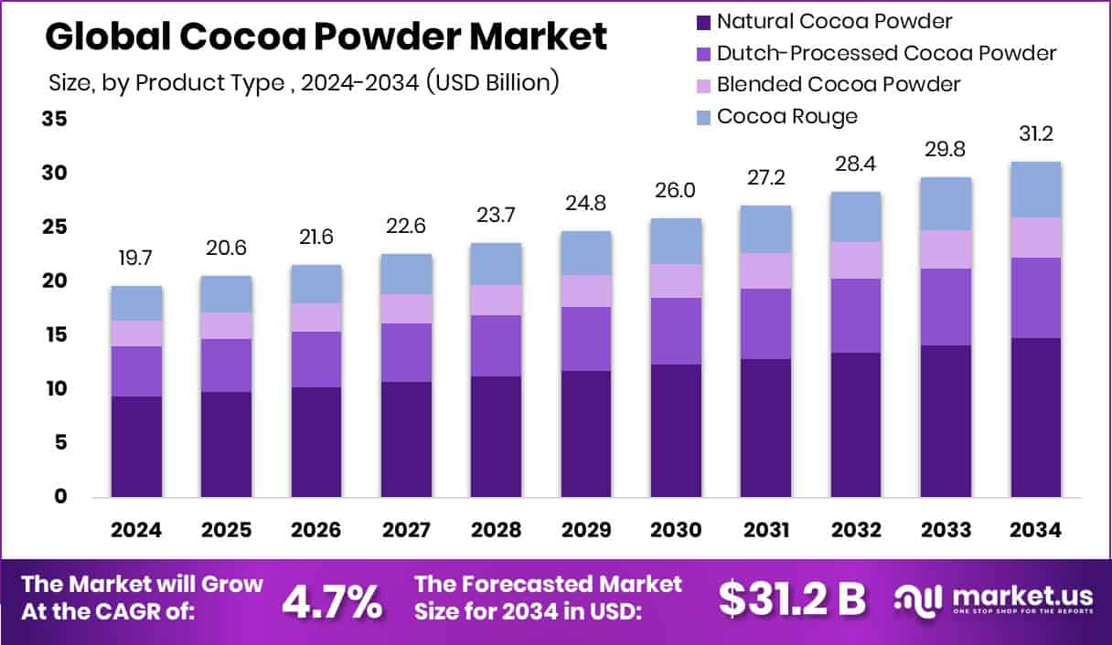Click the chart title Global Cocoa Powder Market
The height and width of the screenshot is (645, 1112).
click(326, 37)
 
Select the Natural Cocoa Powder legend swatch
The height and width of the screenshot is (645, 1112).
click(703, 21)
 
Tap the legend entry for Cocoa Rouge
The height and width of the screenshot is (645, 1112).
click(786, 116)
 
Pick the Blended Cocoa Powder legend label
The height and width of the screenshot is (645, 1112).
click(838, 84)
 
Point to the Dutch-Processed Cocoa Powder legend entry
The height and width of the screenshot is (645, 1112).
click(885, 53)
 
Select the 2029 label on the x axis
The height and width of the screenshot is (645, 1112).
click(586, 531)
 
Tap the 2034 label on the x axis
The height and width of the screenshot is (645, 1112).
click(1035, 531)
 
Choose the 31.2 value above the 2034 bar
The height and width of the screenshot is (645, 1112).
click(1035, 133)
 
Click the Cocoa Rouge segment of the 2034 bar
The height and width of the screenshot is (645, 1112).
click(1035, 189)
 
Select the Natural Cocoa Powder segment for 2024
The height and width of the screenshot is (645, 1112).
click(136, 446)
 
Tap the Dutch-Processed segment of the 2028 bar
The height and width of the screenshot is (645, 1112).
click(496, 345)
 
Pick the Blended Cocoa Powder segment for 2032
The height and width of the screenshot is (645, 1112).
click(856, 260)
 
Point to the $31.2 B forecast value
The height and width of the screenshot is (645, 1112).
click(792, 599)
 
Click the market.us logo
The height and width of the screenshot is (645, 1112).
click(993, 600)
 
